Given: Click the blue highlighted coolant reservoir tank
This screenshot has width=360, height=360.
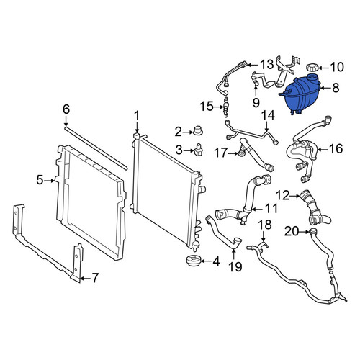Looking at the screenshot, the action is pyautogui.click(x=300, y=94).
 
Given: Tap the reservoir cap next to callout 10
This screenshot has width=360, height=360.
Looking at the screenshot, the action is pyautogui.click(x=312, y=67).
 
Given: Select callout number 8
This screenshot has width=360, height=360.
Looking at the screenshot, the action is pyautogui.click(x=336, y=88).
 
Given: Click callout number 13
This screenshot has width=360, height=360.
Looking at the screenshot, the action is pyautogui.click(x=266, y=65).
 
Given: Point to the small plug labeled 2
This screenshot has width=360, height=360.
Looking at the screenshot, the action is pyautogui.click(x=198, y=130).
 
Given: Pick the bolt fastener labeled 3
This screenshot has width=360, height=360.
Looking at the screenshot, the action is pyautogui.click(x=199, y=150).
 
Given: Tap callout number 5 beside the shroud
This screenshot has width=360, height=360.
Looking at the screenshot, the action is pyautogui.click(x=40, y=180).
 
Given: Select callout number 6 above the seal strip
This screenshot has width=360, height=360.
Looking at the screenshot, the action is pyautogui.click(x=66, y=109).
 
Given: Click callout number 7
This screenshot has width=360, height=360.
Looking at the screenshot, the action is pyautogui.click(x=95, y=278).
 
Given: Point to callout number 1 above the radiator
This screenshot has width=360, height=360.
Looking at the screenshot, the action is pyautogui.click(x=137, y=116).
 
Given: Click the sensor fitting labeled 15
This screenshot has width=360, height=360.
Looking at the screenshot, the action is pyautogui.click(x=226, y=107).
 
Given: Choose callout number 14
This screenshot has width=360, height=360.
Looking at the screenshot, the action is pyautogui.click(x=268, y=116).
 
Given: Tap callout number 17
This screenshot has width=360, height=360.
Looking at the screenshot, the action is pyautogui.click(x=220, y=153).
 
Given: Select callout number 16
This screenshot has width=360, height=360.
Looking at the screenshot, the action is pyautogui.click(x=336, y=149).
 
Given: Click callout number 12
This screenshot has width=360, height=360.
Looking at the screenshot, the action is pyautogui.click(x=283, y=196).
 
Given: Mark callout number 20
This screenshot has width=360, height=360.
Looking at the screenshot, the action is pyautogui.click(x=292, y=232).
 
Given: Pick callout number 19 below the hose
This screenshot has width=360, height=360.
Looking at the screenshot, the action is pyautogui.click(x=235, y=266).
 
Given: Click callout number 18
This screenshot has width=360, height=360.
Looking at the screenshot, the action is pyautogui.click(x=265, y=225).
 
